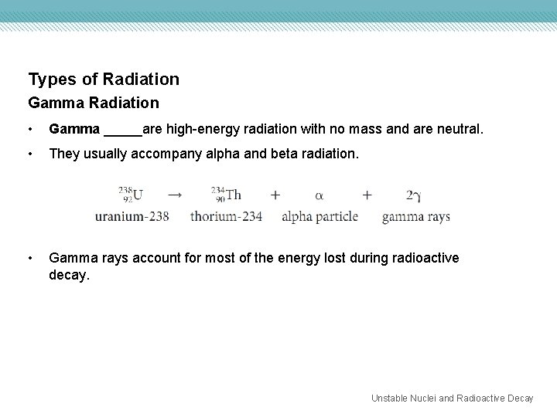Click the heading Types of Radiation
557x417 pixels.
(104, 79)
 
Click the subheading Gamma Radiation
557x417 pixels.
(94, 103)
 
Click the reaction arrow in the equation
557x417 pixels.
(175, 194)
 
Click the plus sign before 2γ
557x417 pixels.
(367, 195)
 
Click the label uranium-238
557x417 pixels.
(132, 216)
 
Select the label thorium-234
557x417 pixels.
(226, 216)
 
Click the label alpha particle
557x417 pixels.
(320, 216)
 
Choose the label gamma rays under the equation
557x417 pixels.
(415, 216)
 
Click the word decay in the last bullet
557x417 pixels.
(69, 274)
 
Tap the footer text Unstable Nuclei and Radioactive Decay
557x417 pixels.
(452, 398)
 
